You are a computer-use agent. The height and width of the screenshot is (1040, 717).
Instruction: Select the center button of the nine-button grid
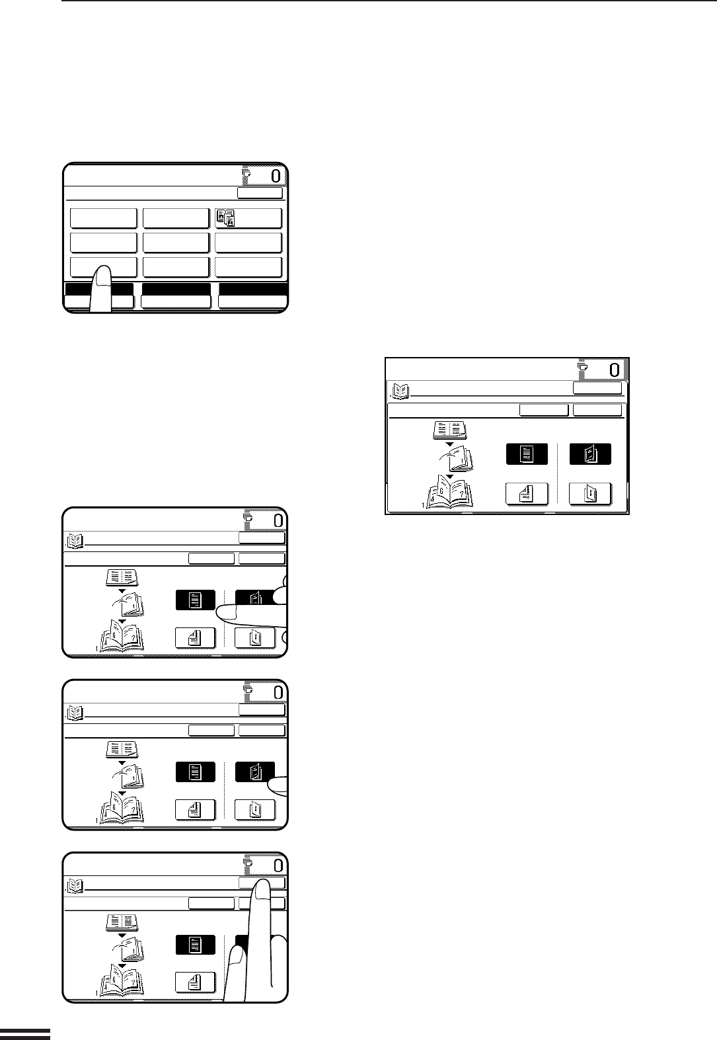pos(176,242)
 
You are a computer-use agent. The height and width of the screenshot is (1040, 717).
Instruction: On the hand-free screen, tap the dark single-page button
pos(527,454)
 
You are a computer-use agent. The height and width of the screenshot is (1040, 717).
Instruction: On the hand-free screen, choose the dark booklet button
pos(591,454)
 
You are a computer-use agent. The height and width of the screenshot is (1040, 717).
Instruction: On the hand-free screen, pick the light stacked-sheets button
pos(527,494)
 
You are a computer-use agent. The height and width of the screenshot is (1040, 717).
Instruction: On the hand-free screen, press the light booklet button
pos(591,494)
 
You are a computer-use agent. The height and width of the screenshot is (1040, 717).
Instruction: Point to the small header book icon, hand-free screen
pos(400,392)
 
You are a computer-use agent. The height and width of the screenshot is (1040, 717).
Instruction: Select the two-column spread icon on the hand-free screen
pos(449,430)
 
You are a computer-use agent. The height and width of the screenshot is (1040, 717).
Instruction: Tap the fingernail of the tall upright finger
pos(262,890)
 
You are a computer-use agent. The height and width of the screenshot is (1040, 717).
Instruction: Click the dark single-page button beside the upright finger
pos(196,945)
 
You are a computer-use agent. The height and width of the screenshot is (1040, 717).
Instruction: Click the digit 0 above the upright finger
pos(278,865)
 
